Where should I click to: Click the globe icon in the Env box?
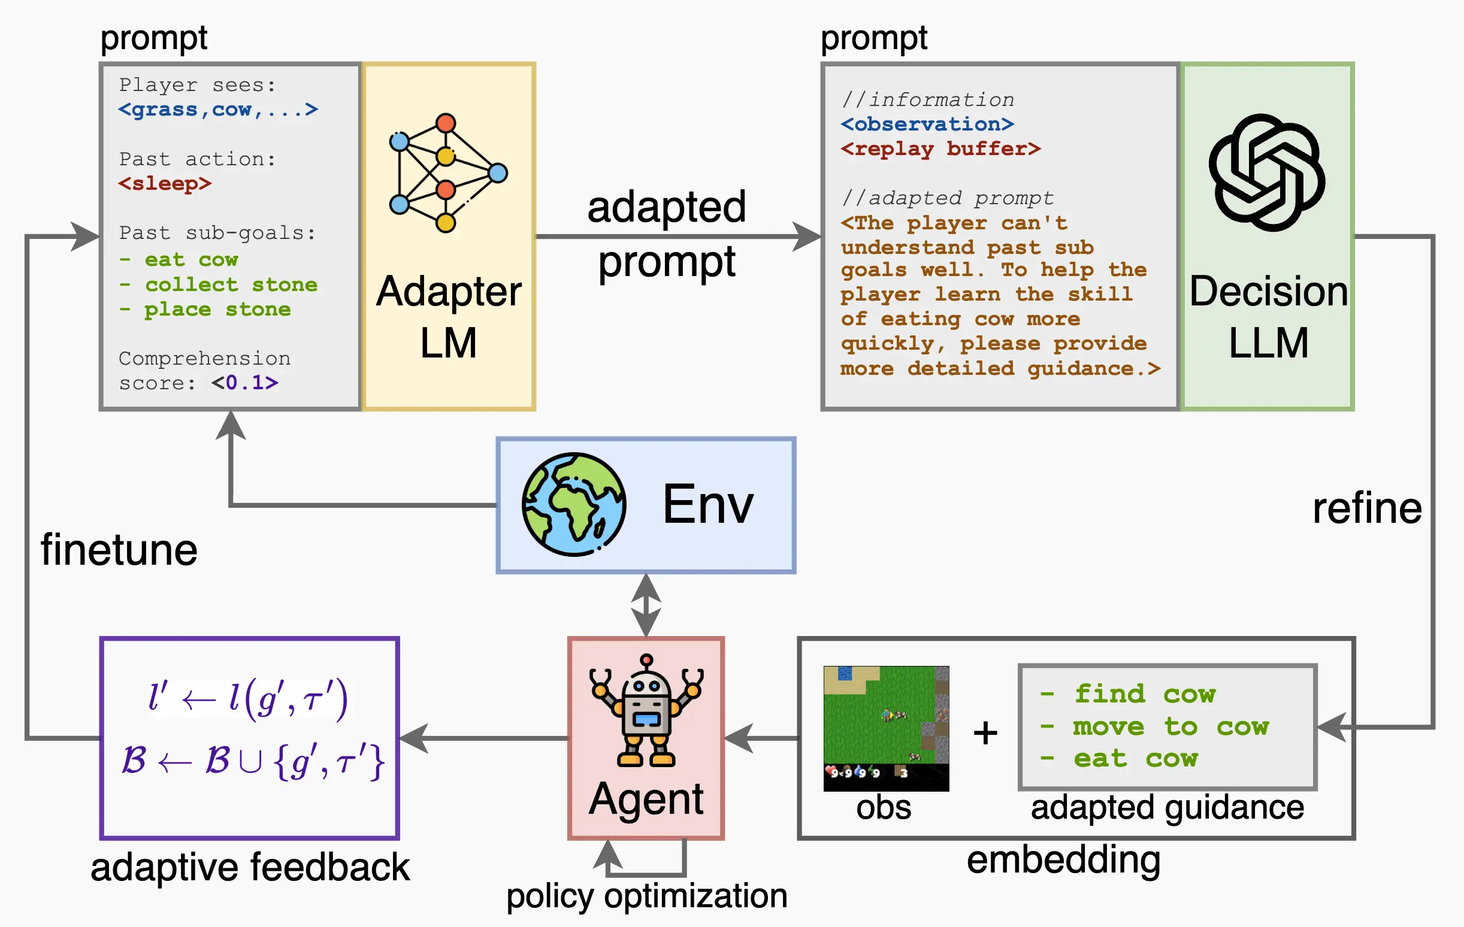tap(573, 504)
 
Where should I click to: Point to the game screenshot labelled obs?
tap(886, 728)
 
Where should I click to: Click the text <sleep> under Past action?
tap(165, 184)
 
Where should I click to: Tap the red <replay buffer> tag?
tap(940, 149)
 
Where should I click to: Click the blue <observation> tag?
tap(927, 124)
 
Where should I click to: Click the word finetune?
tap(119, 550)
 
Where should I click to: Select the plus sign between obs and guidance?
tap(985, 732)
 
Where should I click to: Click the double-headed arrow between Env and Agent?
tap(646, 605)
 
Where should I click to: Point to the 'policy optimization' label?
tap(646, 895)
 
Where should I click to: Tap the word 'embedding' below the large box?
tap(1063, 859)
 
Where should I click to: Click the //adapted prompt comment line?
tap(947, 198)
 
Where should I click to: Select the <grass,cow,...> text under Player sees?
tap(218, 110)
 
